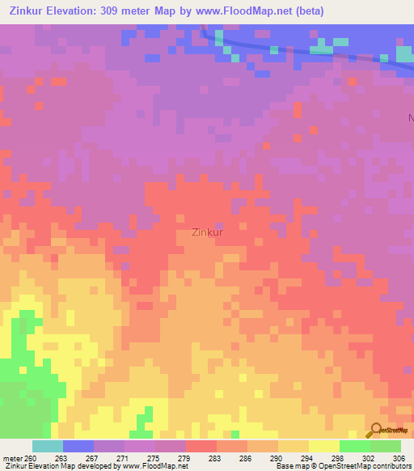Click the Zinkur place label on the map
click(208, 231)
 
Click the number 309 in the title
click(119, 11)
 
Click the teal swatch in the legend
click(48, 446)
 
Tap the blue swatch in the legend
click(78, 446)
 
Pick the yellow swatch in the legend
click(324, 446)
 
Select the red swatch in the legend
click(201, 446)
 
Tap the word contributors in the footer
click(391, 466)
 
